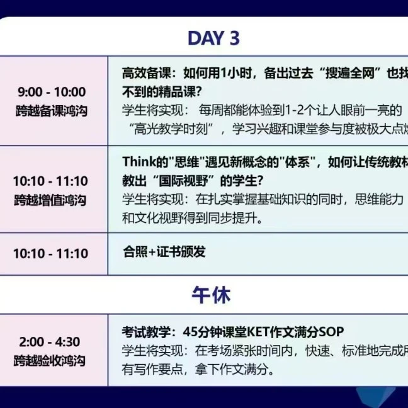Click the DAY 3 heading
click(213, 38)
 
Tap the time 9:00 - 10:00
click(52, 92)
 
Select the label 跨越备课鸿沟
click(52, 111)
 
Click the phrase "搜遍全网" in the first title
click(347, 72)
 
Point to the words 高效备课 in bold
click(142, 72)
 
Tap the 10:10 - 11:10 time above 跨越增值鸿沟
click(51, 181)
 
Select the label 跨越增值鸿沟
click(52, 201)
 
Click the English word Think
click(139, 162)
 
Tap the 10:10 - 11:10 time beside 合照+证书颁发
click(51, 254)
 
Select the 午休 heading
click(212, 294)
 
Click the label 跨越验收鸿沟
click(52, 361)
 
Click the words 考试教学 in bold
click(143, 332)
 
